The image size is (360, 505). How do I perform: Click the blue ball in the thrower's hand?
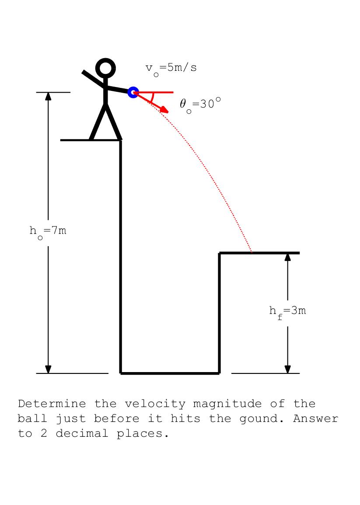(x=133, y=92)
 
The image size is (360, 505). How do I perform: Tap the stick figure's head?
(x=105, y=68)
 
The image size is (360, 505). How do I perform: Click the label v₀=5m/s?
(x=171, y=69)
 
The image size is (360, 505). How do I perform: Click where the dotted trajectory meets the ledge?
(x=252, y=252)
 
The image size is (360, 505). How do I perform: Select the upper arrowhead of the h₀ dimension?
(x=48, y=96)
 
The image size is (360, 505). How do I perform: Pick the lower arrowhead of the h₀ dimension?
(x=48, y=369)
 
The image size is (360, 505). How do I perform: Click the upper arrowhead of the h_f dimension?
(x=287, y=257)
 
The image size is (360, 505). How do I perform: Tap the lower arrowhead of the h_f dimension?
(x=287, y=369)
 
